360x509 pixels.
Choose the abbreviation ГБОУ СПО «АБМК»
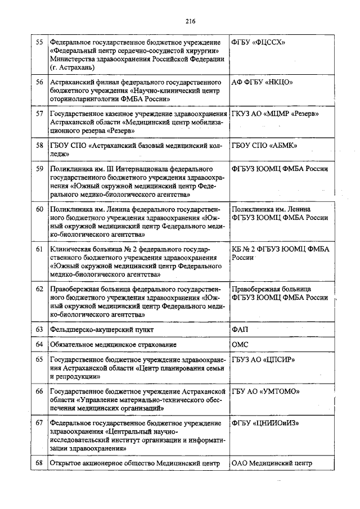(264, 145)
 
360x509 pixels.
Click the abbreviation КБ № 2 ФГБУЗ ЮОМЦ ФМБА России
(280, 253)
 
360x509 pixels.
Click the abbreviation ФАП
(240, 328)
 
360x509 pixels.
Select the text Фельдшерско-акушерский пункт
(101, 328)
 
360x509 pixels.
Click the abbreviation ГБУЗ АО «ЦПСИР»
(263, 359)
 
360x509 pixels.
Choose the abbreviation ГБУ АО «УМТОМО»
(265, 391)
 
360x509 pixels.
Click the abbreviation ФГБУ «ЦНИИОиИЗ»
(267, 422)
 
